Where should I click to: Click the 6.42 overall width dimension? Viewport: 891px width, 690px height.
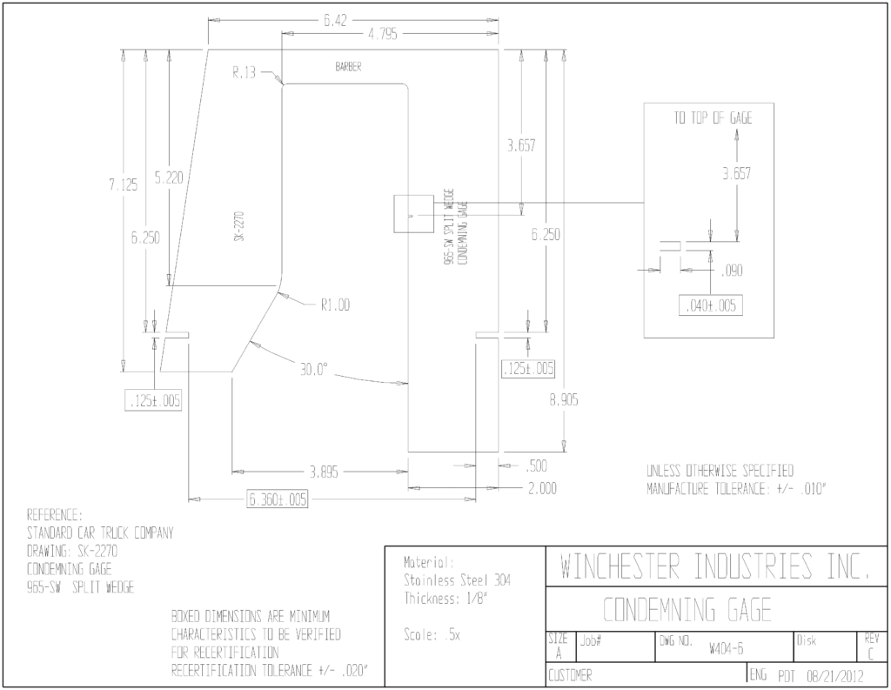pyautogui.click(x=335, y=21)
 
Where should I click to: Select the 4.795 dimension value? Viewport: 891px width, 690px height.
pyautogui.click(x=383, y=34)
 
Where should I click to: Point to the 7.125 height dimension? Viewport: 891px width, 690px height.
pyautogui.click(x=124, y=184)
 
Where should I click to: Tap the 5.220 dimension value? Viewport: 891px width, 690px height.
pyautogui.click(x=169, y=178)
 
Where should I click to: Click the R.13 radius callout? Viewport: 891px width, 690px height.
pyautogui.click(x=244, y=72)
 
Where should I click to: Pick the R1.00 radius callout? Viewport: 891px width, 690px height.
pyautogui.click(x=335, y=305)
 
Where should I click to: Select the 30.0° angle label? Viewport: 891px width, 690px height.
pyautogui.click(x=314, y=370)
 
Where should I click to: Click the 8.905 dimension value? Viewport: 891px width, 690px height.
pyautogui.click(x=564, y=400)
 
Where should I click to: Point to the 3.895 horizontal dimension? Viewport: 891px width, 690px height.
pyautogui.click(x=324, y=472)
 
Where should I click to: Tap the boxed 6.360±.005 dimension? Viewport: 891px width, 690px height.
pyautogui.click(x=278, y=499)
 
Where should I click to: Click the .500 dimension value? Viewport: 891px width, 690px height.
pyautogui.click(x=536, y=466)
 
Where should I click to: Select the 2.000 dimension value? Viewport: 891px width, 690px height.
pyautogui.click(x=543, y=488)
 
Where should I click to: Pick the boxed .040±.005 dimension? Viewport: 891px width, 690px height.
pyautogui.click(x=711, y=305)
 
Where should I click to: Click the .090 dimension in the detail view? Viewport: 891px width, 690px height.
pyautogui.click(x=732, y=271)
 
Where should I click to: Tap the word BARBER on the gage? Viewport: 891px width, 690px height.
pyautogui.click(x=348, y=67)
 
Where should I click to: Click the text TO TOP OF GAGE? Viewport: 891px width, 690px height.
pyautogui.click(x=713, y=117)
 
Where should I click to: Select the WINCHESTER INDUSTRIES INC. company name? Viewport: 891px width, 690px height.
pyautogui.click(x=715, y=566)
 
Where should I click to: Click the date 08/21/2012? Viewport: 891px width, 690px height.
pyautogui.click(x=834, y=676)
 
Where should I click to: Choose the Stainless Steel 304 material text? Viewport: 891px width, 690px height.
pyautogui.click(x=458, y=580)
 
